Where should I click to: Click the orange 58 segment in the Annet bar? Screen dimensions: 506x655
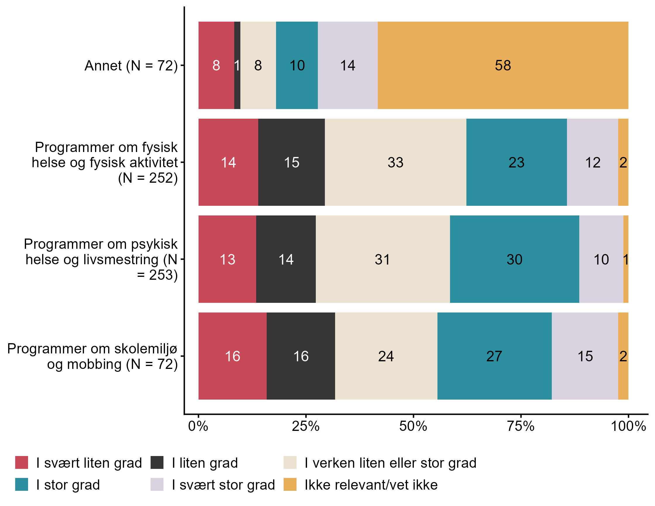(503, 65)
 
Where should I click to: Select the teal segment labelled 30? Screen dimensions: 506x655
(514, 259)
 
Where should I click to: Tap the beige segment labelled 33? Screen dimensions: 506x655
(395, 163)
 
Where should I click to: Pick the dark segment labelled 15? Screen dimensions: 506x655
(291, 163)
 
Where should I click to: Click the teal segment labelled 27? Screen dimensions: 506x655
(494, 356)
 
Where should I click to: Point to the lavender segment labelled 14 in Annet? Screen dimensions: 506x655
(348, 65)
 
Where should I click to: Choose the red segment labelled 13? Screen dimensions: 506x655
(227, 259)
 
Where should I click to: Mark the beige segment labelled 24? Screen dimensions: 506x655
(386, 356)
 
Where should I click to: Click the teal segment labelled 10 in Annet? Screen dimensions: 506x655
(297, 65)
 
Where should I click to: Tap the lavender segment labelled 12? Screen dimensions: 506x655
(592, 163)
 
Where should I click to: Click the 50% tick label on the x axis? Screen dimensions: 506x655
(413, 426)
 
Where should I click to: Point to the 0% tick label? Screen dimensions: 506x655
(198, 426)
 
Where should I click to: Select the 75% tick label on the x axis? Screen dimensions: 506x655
(521, 426)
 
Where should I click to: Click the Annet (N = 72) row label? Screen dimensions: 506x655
(131, 66)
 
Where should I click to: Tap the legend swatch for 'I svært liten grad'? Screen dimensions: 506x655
(22, 462)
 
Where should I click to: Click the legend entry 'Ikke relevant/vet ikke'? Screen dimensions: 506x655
(371, 485)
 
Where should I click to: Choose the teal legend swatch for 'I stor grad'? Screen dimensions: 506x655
(22, 484)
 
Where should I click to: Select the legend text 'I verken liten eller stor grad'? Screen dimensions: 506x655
(390, 463)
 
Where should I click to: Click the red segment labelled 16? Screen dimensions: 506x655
(232, 356)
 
